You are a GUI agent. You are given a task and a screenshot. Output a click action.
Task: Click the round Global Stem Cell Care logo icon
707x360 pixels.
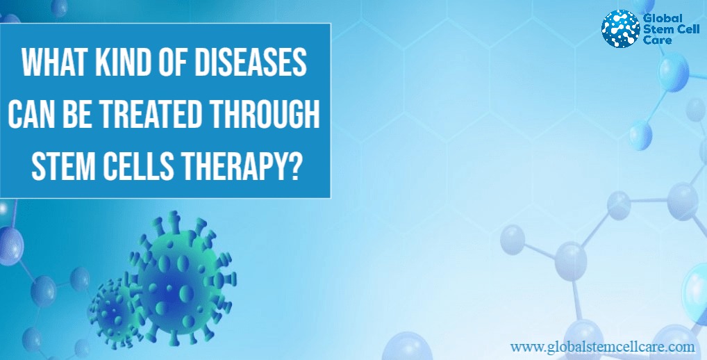(620, 28)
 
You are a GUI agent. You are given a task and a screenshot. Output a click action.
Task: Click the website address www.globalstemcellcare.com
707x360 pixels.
(602, 347)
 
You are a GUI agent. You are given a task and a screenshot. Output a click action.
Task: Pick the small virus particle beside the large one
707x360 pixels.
(114, 311)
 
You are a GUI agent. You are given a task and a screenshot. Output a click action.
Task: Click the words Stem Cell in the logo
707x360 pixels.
(672, 30)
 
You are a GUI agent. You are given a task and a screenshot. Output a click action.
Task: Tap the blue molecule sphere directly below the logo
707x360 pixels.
(674, 72)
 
